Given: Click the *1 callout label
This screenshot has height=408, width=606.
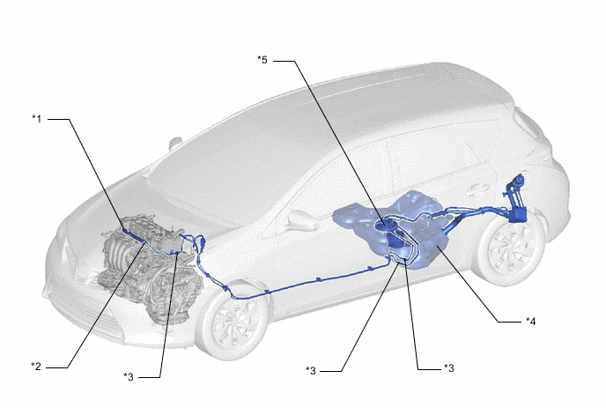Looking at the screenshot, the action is click(x=36, y=118).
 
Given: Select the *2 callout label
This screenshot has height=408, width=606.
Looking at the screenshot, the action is click(x=36, y=366).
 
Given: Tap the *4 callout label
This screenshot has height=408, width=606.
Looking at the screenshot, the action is click(x=531, y=321).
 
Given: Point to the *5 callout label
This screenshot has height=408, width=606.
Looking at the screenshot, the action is click(x=262, y=60).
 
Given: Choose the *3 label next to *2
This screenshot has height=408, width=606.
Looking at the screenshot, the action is click(x=129, y=376).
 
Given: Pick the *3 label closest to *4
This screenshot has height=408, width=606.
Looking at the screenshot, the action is click(x=448, y=367).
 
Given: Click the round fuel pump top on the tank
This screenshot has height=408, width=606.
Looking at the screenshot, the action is click(x=385, y=225).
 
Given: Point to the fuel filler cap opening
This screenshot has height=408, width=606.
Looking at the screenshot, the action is click(x=518, y=180).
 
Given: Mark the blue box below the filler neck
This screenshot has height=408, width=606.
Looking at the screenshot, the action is click(x=518, y=215).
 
